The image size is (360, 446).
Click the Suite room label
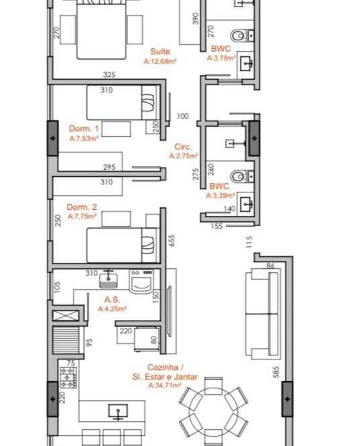160,52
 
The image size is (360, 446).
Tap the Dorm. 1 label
84,129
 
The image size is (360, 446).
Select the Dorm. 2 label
82,207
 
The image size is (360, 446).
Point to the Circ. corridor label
183,147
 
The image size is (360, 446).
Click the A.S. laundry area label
112,300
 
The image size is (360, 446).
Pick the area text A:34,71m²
165,386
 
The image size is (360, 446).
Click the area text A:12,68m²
160,61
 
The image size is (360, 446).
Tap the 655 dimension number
172,240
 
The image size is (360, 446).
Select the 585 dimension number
276,372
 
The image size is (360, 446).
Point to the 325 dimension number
109,74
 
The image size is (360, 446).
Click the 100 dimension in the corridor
182,116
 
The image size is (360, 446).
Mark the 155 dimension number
217,226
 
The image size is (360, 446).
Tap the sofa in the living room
262,313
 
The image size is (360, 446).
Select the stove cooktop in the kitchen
68,378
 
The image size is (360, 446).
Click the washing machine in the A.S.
141,281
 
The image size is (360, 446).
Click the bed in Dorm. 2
122,245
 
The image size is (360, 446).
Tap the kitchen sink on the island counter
118,412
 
